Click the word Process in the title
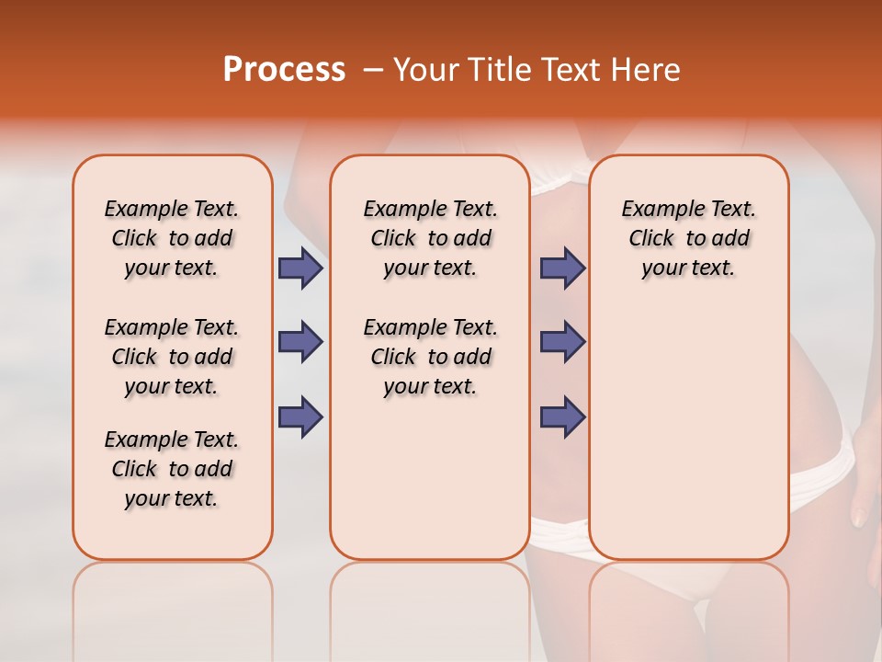click(284, 70)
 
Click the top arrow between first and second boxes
click(300, 268)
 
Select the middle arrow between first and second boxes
click(300, 342)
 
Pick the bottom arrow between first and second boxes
click(300, 417)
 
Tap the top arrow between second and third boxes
click(562, 268)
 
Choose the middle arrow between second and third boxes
click(562, 342)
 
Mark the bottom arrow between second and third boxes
click(562, 417)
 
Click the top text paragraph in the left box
click(172, 238)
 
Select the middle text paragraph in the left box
click(172, 357)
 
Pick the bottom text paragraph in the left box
click(172, 469)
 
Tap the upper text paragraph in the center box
click(430, 238)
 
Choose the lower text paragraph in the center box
click(430, 357)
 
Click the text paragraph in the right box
click(688, 238)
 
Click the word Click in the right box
click(651, 239)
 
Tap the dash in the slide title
click(373, 70)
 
